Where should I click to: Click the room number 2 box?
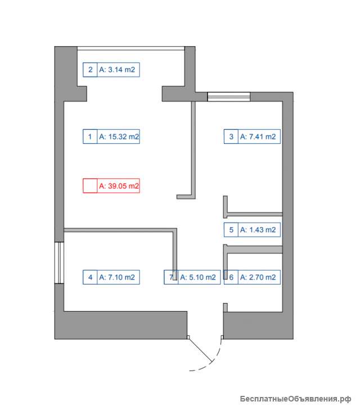[90, 70]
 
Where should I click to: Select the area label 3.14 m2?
[117, 70]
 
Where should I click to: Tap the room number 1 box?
[90, 137]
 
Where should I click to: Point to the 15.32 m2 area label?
[119, 137]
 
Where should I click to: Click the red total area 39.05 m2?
[119, 186]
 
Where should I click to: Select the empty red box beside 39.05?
[90, 186]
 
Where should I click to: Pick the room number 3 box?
[231, 137]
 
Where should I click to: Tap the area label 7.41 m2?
[258, 137]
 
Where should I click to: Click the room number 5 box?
[231, 229]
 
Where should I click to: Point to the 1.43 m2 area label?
[258, 229]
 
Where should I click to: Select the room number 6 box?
[231, 277]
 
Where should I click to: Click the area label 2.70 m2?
[258, 277]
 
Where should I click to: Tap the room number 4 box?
[90, 277]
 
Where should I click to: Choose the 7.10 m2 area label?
[117, 277]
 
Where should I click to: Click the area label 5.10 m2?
[198, 277]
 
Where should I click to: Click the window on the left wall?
[59, 263]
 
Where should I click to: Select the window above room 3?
[229, 97]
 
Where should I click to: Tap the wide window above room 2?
[131, 48]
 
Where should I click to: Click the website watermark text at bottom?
[295, 399]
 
